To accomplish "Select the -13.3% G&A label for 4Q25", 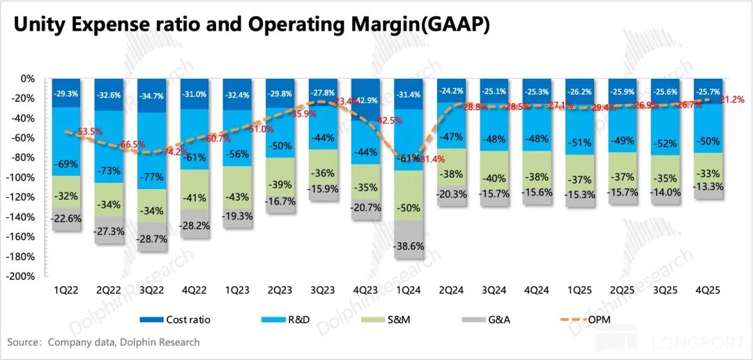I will coord(708,186).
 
